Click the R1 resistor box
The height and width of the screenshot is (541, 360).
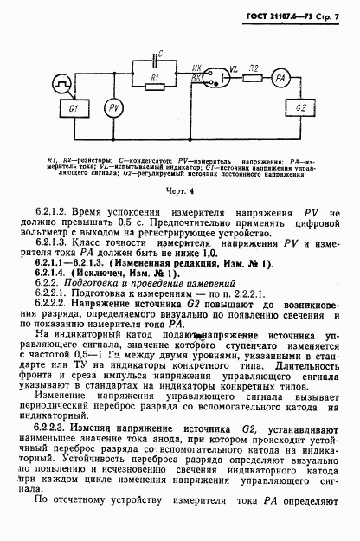coord(153,79)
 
